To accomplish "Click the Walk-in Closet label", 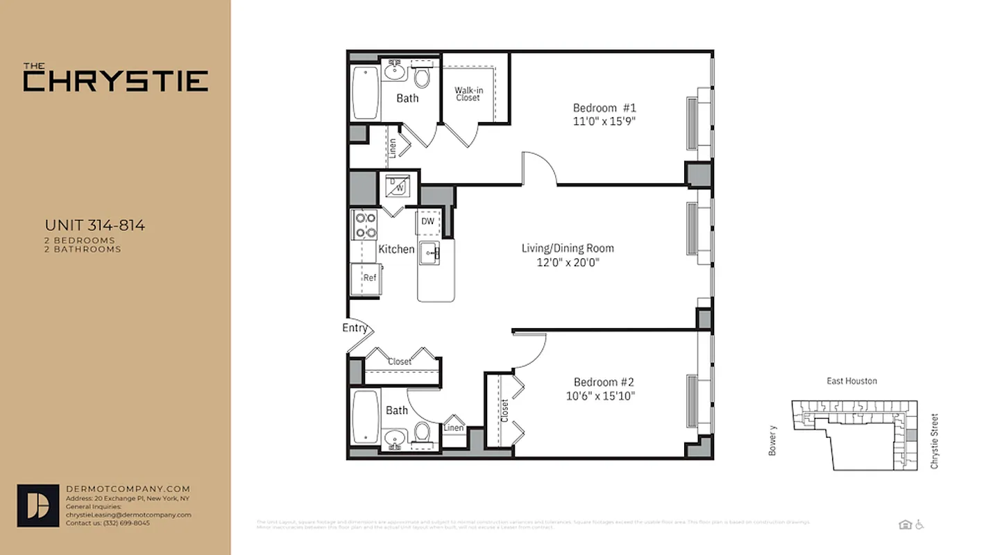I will coord(468,94).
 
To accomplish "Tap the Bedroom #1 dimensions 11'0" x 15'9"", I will coord(604,121).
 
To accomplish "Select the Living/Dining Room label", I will coord(568,248).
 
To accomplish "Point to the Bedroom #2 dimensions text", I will coord(600,396).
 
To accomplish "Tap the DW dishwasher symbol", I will coord(427,222).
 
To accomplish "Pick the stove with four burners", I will coord(365,225).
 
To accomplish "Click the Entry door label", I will coord(355,328).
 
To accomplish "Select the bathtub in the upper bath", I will coord(364,92).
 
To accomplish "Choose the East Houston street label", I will coord(851,381).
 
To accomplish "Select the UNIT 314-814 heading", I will coord(94,225).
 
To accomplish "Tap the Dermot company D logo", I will coord(38,505).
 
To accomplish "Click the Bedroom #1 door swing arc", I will coord(541,168).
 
